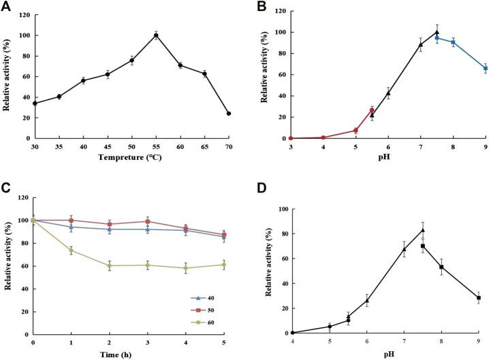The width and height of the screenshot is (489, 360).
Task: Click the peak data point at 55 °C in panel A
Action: (x=156, y=35)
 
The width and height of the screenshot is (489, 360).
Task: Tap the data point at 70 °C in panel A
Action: (x=228, y=114)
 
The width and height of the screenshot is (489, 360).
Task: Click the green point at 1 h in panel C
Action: (x=70, y=250)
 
